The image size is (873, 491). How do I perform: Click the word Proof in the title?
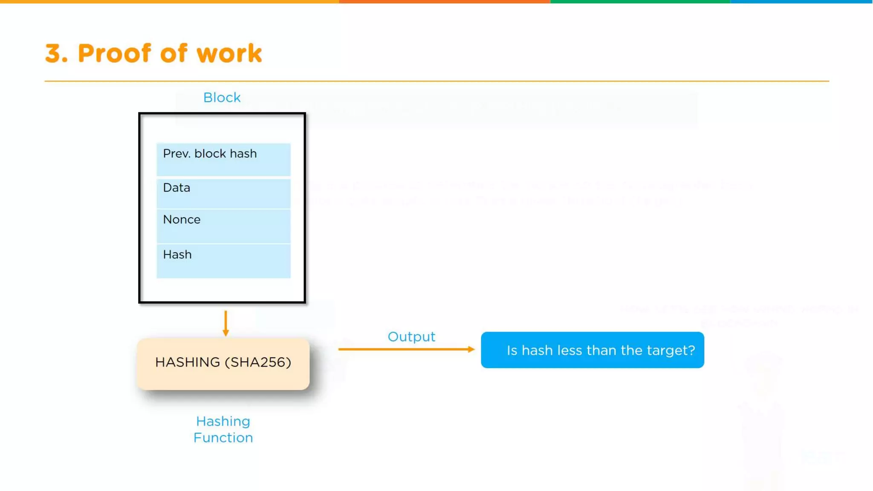click(x=114, y=54)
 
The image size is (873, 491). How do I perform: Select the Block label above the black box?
click(x=222, y=98)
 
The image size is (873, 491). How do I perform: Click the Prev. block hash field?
click(x=223, y=159)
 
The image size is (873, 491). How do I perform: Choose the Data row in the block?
click(x=223, y=194)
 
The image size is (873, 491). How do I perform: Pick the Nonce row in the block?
click(x=223, y=226)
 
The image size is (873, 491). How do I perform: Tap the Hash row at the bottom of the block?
click(x=223, y=261)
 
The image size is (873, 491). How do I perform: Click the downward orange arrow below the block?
click(x=225, y=323)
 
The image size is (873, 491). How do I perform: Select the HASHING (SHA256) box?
click(x=223, y=364)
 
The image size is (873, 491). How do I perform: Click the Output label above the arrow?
click(x=411, y=337)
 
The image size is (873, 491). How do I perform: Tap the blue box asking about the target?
click(x=592, y=350)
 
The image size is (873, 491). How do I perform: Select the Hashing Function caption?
click(x=223, y=430)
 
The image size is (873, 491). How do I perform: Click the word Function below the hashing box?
click(x=223, y=438)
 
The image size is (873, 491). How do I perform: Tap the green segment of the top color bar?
click(x=639, y=2)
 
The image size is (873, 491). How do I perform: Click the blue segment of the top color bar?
click(x=801, y=2)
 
